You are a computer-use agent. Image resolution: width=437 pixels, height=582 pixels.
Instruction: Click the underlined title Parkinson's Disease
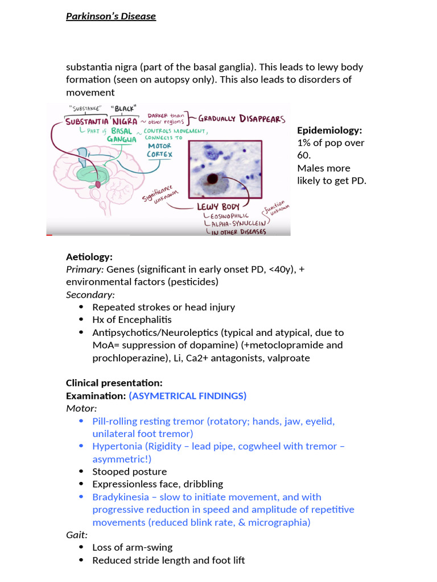coord(111,16)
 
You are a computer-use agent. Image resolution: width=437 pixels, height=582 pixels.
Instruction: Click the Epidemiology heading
coord(329,130)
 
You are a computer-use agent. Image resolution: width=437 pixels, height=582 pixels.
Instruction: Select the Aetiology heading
coord(89,257)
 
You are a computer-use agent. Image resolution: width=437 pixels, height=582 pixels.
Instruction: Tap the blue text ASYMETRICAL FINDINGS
coord(188,396)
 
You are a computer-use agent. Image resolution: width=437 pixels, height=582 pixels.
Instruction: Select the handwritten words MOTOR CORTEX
coord(159,149)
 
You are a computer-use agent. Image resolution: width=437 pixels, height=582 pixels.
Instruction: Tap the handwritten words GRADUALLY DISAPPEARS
coord(242,119)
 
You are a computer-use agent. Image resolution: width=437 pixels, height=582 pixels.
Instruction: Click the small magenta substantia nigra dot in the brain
coord(97,185)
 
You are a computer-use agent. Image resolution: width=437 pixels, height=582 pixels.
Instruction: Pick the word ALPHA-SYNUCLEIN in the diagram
coord(231,223)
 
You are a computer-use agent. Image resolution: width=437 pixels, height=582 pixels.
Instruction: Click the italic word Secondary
coord(89,294)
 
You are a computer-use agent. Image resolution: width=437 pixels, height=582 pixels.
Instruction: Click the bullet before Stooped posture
coord(80,472)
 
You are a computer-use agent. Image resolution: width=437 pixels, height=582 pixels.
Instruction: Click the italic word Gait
coord(76,535)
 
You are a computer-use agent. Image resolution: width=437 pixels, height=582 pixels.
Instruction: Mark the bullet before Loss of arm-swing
coord(80,548)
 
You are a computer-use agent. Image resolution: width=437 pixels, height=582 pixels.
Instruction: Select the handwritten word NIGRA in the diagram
coord(124,121)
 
